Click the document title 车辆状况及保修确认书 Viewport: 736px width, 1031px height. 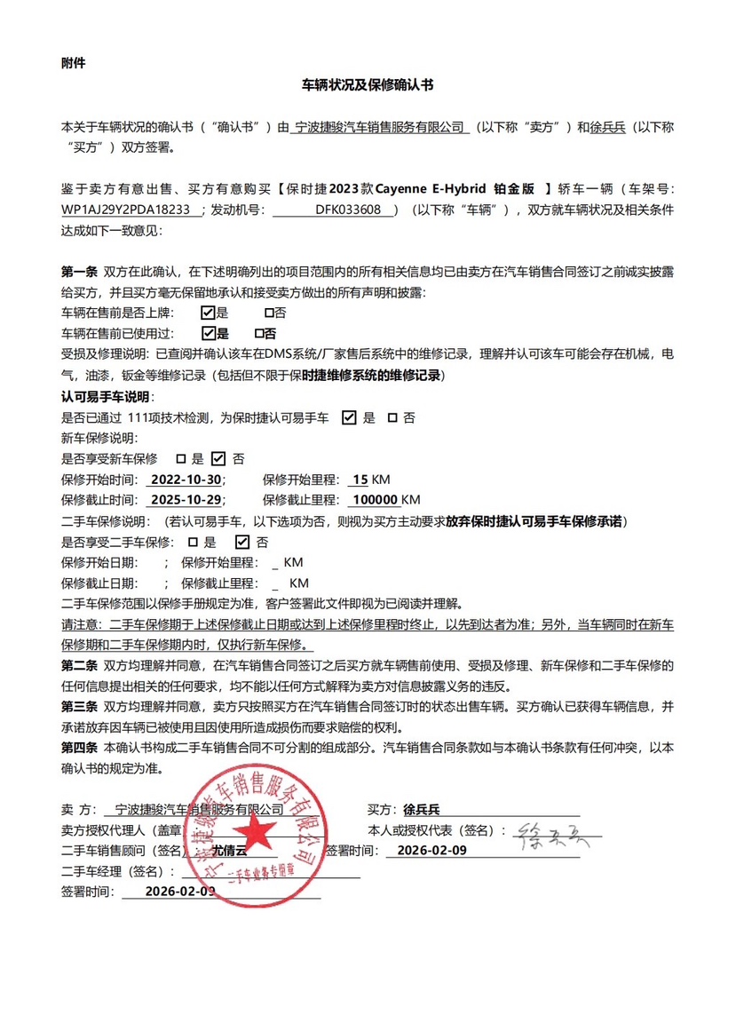tap(368, 86)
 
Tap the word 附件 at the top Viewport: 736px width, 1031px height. tap(74, 63)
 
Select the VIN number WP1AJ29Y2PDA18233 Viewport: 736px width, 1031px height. tap(126, 210)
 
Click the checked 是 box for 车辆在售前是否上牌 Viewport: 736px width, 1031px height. tap(208, 313)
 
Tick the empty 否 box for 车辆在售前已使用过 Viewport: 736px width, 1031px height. tap(259, 334)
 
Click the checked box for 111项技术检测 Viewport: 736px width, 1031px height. tap(349, 417)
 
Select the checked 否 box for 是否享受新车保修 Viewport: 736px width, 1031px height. tap(218, 459)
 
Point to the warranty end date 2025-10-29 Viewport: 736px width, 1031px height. tap(186, 500)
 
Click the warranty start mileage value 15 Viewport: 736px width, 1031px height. tap(360, 480)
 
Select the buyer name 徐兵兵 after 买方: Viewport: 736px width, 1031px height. tap(422, 810)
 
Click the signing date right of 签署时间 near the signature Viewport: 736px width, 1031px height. tap(431, 850)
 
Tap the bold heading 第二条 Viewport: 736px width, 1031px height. tap(79, 665)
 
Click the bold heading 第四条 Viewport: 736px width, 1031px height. tap(79, 748)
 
